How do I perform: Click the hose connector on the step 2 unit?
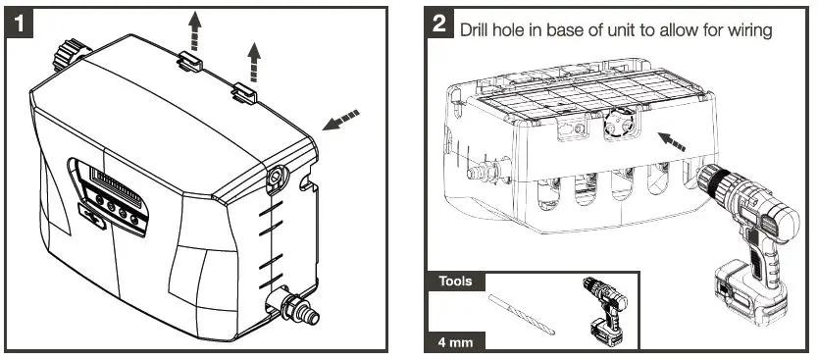(482, 174)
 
